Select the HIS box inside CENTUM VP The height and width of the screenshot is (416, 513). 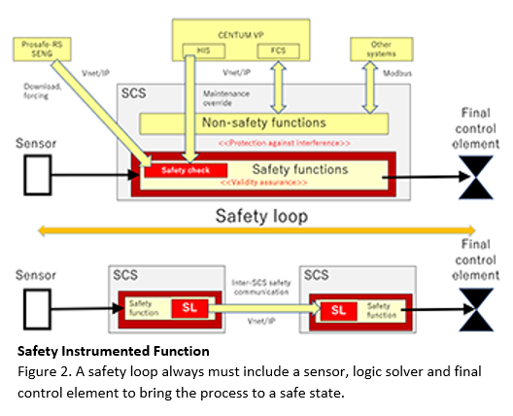pyautogui.click(x=203, y=51)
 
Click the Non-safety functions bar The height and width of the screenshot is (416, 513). pyautogui.click(x=262, y=122)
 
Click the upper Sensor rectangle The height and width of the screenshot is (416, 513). pyautogui.click(x=36, y=175)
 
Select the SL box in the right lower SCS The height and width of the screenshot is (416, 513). pyautogui.click(x=335, y=310)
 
